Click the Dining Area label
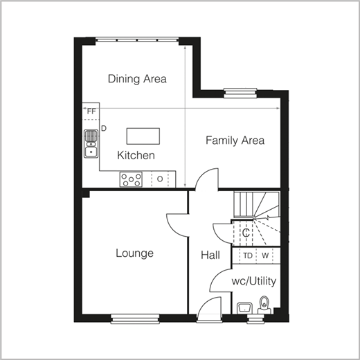click(x=137, y=79)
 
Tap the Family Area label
click(x=235, y=141)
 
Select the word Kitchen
click(x=136, y=155)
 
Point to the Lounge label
click(x=135, y=253)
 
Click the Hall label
click(x=210, y=255)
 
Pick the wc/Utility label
click(x=254, y=281)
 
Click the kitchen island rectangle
click(x=143, y=136)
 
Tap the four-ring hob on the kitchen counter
click(x=131, y=179)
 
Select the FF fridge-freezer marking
click(x=91, y=111)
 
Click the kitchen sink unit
click(x=91, y=144)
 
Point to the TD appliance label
click(x=248, y=255)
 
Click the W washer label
click(x=265, y=255)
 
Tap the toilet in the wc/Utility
click(x=264, y=305)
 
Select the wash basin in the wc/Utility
click(x=244, y=308)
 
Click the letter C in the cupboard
click(x=246, y=233)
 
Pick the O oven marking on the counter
click(x=160, y=179)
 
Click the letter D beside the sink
click(x=104, y=129)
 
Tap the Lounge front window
click(x=135, y=318)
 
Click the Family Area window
click(x=241, y=93)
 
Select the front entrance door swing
click(x=209, y=309)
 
